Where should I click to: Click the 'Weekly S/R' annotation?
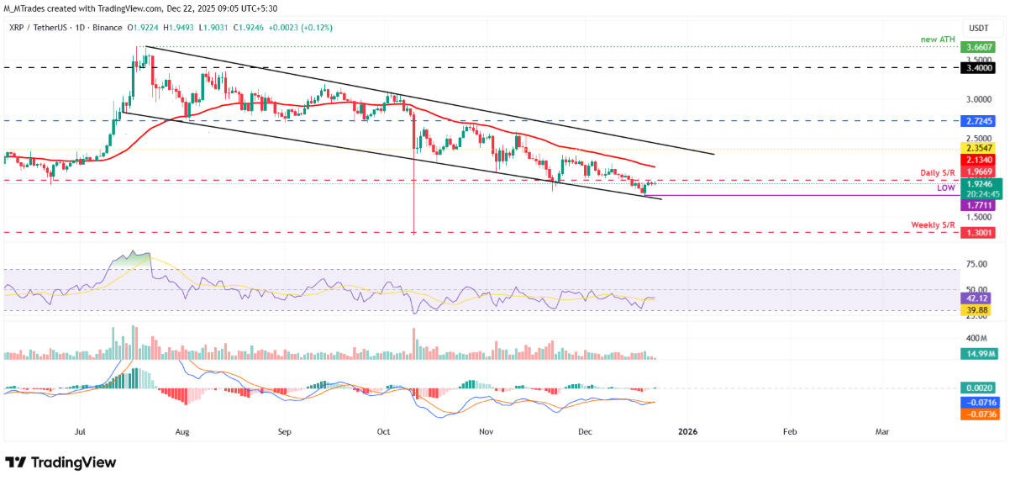[x=934, y=224]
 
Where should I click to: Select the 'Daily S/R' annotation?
[x=936, y=172]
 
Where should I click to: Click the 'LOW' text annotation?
[x=946, y=189]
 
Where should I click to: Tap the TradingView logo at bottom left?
[x=60, y=462]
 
